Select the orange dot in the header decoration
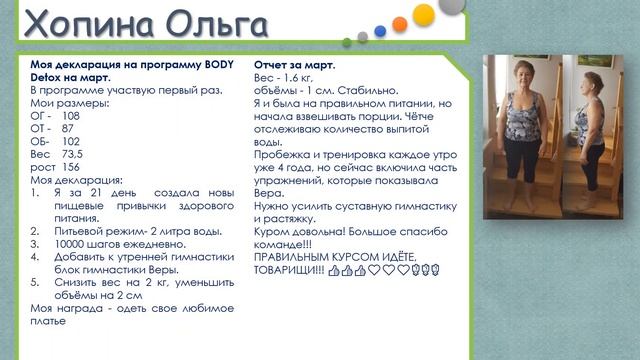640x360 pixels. pyautogui.click(x=399, y=23)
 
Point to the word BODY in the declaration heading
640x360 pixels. pyautogui.click(x=214, y=63)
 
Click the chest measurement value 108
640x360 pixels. pyautogui.click(x=71, y=116)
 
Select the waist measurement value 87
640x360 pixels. pyautogui.click(x=67, y=129)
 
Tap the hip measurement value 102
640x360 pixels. pyautogui.click(x=71, y=142)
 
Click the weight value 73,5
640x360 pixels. pyautogui.click(x=72, y=155)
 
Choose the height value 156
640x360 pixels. pyautogui.click(x=70, y=167)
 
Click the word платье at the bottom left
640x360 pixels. pyautogui.click(x=49, y=321)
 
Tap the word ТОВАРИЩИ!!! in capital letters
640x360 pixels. pyautogui.click(x=290, y=269)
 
